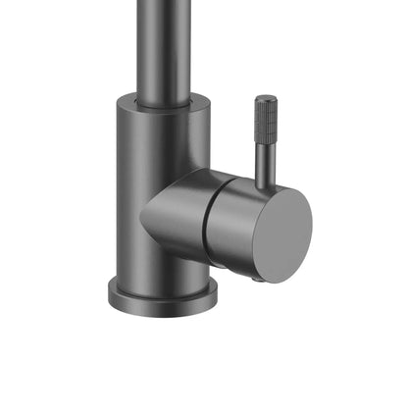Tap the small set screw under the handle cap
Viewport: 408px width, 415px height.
[257, 279]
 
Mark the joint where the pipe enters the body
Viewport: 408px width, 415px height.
[162, 95]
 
